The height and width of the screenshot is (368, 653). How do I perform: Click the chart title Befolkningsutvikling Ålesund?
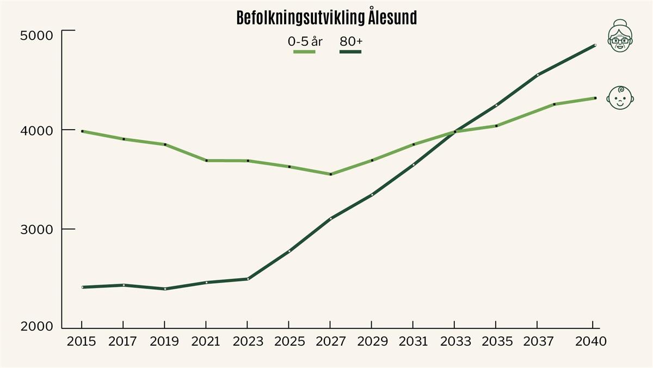click(326, 17)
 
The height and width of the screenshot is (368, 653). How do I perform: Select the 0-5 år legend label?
click(305, 42)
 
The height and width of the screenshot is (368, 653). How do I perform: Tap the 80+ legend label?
click(351, 42)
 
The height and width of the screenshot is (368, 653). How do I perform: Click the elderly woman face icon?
click(620, 36)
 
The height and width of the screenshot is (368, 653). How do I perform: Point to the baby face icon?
click(620, 98)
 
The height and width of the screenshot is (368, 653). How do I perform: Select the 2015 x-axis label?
click(81, 341)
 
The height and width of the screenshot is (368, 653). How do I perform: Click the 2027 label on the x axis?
click(331, 341)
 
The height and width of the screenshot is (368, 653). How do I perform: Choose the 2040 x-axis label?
click(590, 341)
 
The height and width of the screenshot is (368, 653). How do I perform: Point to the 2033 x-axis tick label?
click(455, 341)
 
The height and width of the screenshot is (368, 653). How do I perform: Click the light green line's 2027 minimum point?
click(331, 174)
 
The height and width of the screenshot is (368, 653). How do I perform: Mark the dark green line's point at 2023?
click(248, 279)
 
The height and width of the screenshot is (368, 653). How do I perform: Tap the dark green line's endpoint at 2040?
click(595, 45)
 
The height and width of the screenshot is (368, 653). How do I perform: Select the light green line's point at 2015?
click(82, 131)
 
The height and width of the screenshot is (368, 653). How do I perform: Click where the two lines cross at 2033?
click(455, 132)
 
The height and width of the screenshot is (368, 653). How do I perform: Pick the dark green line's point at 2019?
click(165, 289)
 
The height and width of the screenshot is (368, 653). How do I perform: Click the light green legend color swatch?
click(304, 52)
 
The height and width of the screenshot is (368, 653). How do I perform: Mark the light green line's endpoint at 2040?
click(595, 98)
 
